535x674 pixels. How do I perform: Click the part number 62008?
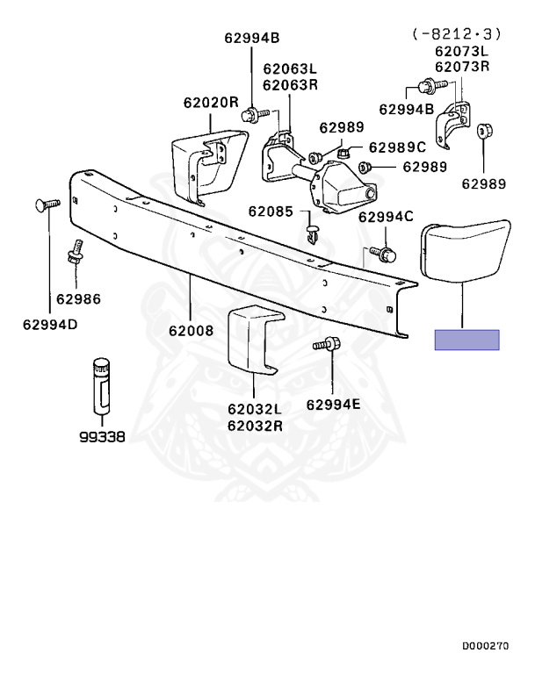click(x=191, y=332)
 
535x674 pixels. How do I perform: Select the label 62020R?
click(x=210, y=102)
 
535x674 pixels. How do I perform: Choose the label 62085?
click(x=272, y=212)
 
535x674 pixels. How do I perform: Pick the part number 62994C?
click(x=385, y=216)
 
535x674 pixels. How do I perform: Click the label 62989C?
click(x=396, y=147)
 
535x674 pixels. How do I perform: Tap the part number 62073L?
click(x=461, y=51)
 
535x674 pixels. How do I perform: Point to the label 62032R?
click(x=254, y=426)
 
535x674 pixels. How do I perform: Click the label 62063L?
click(x=289, y=69)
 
